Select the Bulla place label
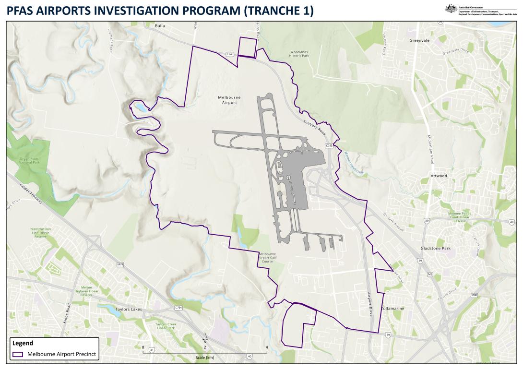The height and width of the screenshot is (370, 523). (x=160, y=26)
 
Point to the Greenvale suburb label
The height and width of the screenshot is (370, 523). (x=419, y=40)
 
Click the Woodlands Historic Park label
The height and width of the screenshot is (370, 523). (x=299, y=54)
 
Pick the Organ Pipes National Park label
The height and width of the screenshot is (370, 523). (x=29, y=160)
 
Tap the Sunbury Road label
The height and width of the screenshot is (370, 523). (x=314, y=127)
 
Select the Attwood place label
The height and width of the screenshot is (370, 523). (x=439, y=176)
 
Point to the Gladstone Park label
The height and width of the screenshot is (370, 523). (x=436, y=249)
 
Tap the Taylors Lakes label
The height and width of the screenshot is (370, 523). (x=129, y=310)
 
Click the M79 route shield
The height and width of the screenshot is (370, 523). (x=120, y=264)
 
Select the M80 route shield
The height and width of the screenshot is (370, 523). (x=474, y=296)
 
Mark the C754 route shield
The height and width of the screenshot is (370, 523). (x=178, y=308)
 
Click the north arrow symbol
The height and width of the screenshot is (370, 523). (x=205, y=339)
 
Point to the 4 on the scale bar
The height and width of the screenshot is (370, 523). (x=267, y=346)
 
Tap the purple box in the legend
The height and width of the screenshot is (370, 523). (x=18, y=354)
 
